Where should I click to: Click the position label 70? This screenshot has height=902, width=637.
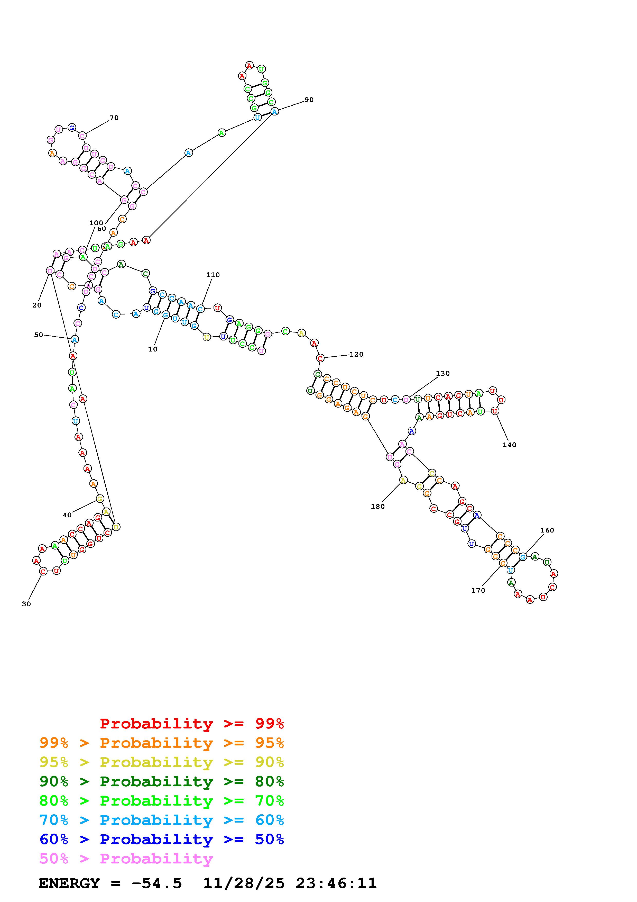click(x=114, y=118)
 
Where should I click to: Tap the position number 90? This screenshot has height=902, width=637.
click(x=309, y=100)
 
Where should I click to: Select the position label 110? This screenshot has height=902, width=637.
click(x=213, y=275)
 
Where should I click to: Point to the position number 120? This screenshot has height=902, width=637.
click(x=356, y=354)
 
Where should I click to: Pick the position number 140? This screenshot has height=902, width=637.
click(x=510, y=445)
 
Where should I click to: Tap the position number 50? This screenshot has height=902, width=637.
click(x=39, y=335)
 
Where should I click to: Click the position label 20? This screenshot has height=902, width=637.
click(x=37, y=305)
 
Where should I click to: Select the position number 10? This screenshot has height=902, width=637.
click(x=153, y=349)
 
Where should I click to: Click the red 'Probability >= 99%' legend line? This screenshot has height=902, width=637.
click(x=192, y=723)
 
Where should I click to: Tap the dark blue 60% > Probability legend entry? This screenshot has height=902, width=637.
click(x=161, y=839)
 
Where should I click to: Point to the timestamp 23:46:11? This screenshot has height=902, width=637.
click(x=336, y=883)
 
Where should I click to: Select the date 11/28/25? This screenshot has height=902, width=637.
click(x=244, y=883)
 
